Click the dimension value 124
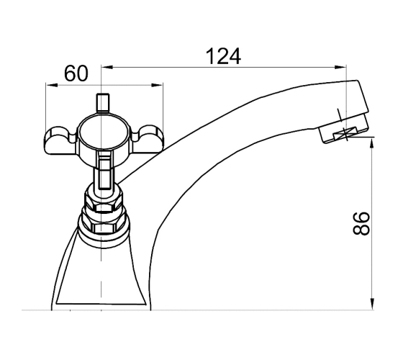coord(223,56)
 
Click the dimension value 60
coord(76,73)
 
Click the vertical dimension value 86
coord(361,223)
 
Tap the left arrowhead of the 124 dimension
coord(107,67)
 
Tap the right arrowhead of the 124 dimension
coord(340,67)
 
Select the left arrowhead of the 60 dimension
coord(51,85)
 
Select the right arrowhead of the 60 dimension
coord(158,85)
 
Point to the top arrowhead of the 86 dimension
coord(372,143)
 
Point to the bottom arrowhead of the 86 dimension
coord(372,304)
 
